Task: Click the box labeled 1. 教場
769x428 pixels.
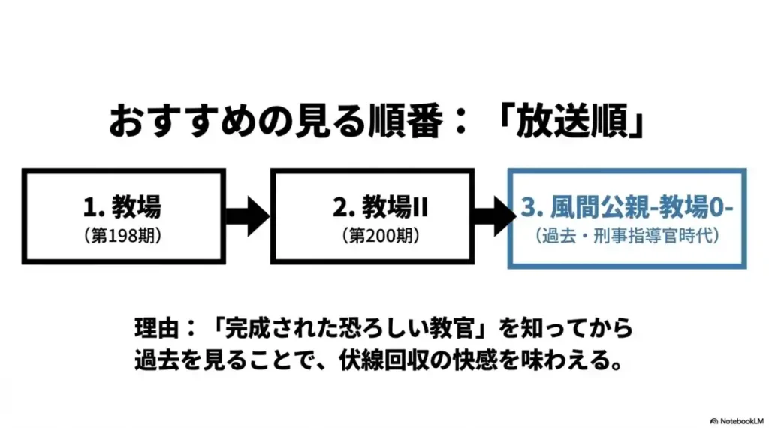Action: pyautogui.click(x=123, y=216)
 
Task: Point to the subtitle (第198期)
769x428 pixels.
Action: pyautogui.click(x=123, y=235)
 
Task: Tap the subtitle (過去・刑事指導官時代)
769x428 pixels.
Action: pyautogui.click(x=629, y=236)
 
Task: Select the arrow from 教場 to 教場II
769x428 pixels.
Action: pyautogui.click(x=248, y=217)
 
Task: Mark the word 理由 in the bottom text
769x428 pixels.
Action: pyautogui.click(x=154, y=330)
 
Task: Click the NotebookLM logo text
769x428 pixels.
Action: pyautogui.click(x=740, y=420)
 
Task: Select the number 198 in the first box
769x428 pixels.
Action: pyautogui.click(x=128, y=235)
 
